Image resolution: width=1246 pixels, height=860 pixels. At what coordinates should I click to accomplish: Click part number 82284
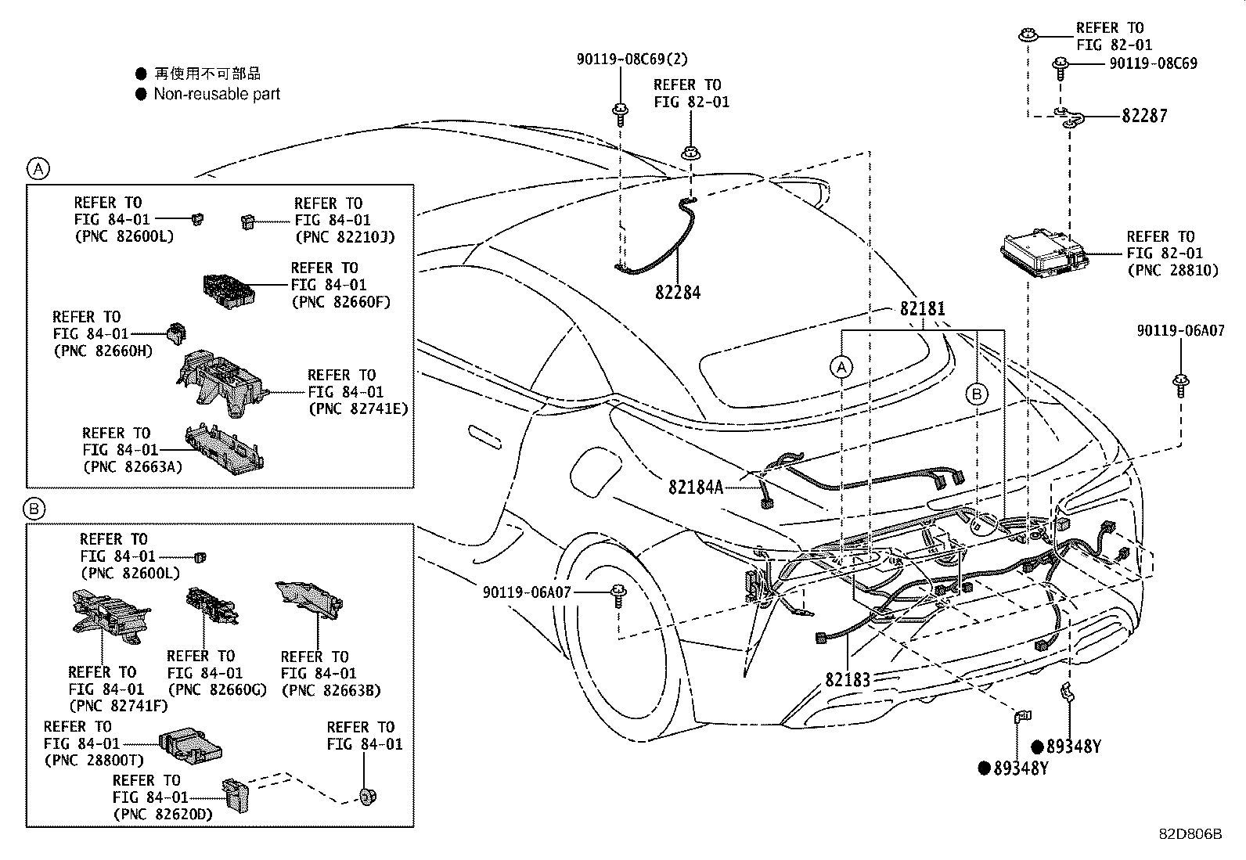(x=678, y=293)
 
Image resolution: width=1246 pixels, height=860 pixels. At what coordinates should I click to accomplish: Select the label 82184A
(x=695, y=487)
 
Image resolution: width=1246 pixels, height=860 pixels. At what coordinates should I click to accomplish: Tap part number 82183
(x=848, y=679)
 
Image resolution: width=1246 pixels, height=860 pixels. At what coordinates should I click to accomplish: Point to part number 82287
(x=1143, y=116)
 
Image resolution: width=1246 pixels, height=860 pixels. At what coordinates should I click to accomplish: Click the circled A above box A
(x=38, y=167)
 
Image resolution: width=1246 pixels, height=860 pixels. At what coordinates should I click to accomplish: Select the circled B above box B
(x=36, y=509)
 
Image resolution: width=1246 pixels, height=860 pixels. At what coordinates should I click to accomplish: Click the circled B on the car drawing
(x=976, y=394)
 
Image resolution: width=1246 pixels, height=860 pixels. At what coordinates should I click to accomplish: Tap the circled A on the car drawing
(x=841, y=366)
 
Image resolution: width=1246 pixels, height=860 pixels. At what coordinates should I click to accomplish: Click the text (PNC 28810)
(x=1172, y=271)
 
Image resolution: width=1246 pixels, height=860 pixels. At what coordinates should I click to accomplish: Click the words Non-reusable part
(x=217, y=94)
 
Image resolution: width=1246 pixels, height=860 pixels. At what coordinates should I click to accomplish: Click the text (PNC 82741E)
(x=358, y=408)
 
